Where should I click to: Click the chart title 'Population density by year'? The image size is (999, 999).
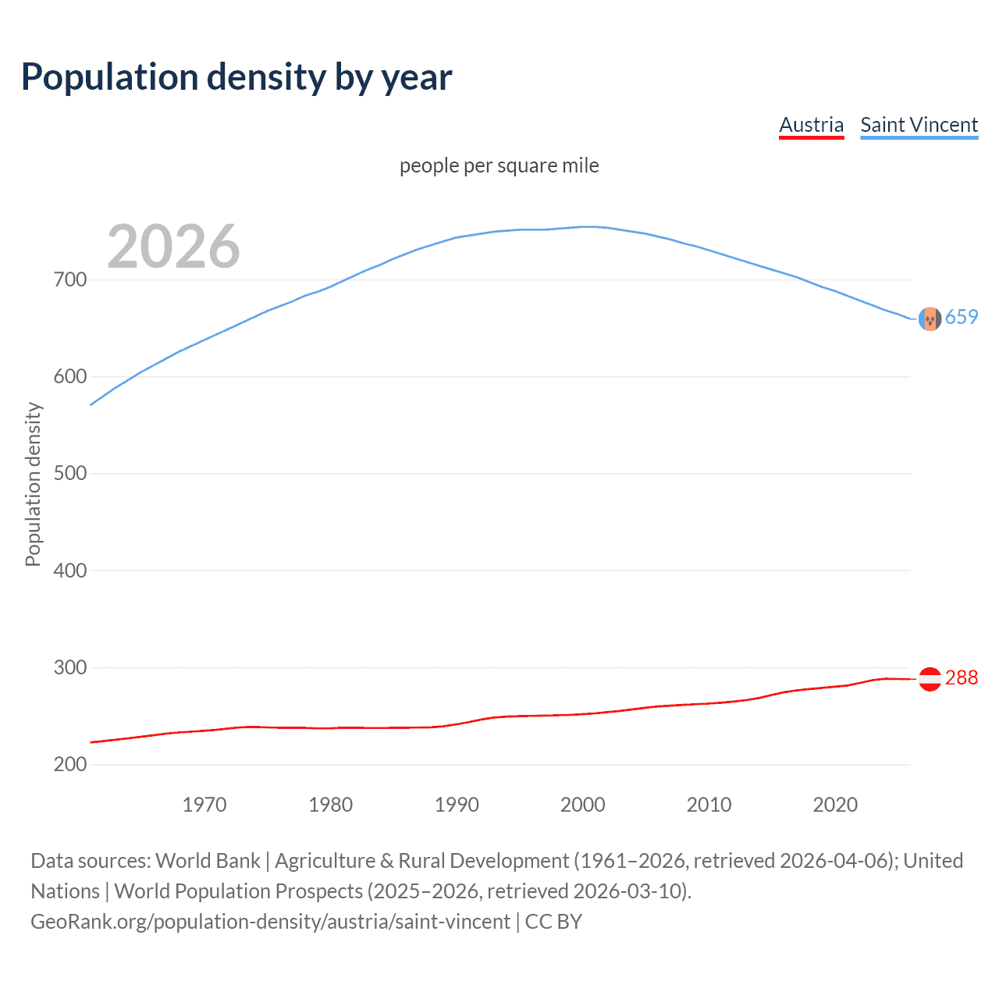point(236,77)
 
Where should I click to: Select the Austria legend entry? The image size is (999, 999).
point(811,125)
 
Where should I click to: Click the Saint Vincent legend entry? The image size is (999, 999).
point(919,125)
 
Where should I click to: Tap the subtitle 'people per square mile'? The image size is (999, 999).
point(499,165)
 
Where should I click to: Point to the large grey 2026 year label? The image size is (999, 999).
point(173,247)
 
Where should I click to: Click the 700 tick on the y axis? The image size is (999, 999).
point(70,279)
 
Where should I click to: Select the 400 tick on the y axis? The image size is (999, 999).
point(70,571)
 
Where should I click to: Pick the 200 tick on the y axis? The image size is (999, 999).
point(70,765)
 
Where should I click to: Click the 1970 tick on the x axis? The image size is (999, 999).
point(204,805)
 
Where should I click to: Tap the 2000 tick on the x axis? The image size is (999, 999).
point(583,805)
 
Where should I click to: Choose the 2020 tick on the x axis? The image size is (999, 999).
point(835,805)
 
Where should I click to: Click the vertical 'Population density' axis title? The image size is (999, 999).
point(33,484)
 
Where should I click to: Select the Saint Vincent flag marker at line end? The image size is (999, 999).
point(930,318)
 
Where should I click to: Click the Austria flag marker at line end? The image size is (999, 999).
point(930,679)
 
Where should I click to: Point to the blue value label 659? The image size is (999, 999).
point(962,317)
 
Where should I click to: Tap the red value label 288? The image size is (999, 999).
point(962,677)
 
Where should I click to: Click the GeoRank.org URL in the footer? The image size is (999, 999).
point(270,921)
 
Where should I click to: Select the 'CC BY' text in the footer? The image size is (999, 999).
point(553,921)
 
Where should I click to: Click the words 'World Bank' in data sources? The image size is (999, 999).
point(208,860)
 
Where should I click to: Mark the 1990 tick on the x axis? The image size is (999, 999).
point(457,805)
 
